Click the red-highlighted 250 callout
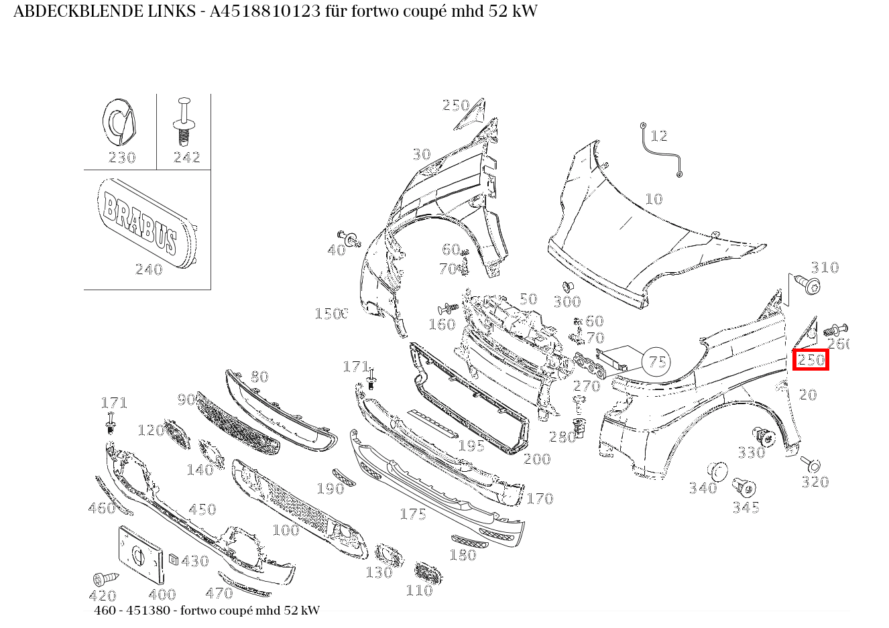[x=811, y=360]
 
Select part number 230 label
[x=122, y=158]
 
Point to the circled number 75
[x=657, y=363]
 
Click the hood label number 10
[x=653, y=199]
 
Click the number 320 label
[x=815, y=482]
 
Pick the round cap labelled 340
[x=717, y=471]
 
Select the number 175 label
[x=413, y=514]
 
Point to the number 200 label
[x=536, y=459]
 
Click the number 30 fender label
[x=421, y=155]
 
